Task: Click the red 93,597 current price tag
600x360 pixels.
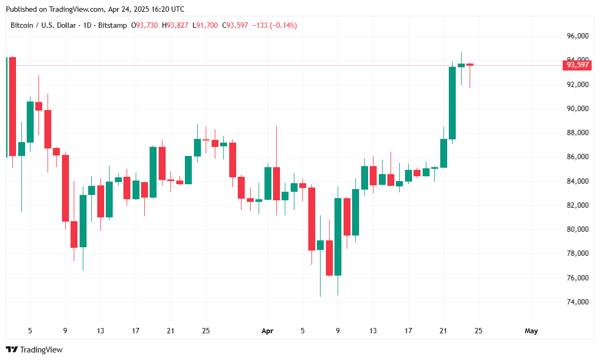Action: [x=578, y=65]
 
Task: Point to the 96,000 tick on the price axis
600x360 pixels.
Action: [x=578, y=36]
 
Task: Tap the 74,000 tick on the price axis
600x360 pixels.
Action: [x=578, y=302]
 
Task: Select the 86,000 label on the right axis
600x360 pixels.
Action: [x=578, y=157]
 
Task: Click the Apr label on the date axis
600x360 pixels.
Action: [x=268, y=331]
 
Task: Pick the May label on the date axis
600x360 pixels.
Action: [x=531, y=331]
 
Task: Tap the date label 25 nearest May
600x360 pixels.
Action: [x=478, y=331]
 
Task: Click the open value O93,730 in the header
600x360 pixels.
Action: [x=146, y=25]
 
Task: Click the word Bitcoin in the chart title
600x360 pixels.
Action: [x=22, y=25]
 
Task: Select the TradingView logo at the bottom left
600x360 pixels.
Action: [x=34, y=349]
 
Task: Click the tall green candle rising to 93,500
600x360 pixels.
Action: [x=452, y=103]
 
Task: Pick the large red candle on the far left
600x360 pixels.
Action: [x=12, y=107]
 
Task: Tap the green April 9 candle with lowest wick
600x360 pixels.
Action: [x=338, y=237]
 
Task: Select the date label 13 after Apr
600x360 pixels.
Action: [x=373, y=331]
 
